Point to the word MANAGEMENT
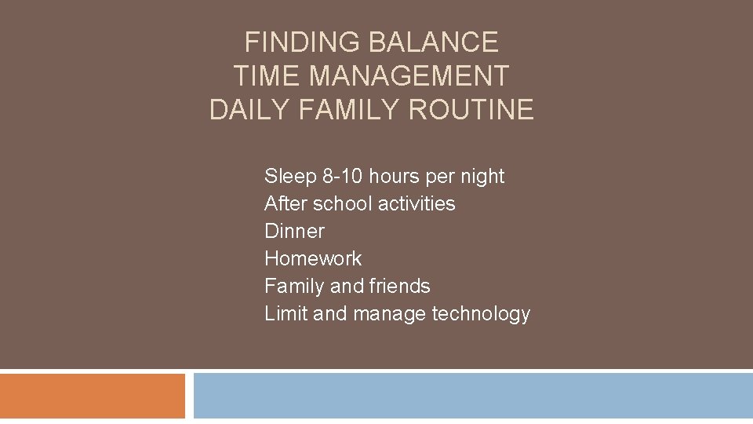[409, 75]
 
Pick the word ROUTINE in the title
[471, 110]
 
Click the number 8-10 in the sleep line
[336, 177]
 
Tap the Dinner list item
[294, 231]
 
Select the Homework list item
[313, 258]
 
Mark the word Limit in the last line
[286, 313]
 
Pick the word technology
[481, 314]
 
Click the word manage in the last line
[389, 314]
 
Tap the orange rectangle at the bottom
[93, 396]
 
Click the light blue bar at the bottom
[473, 396]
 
